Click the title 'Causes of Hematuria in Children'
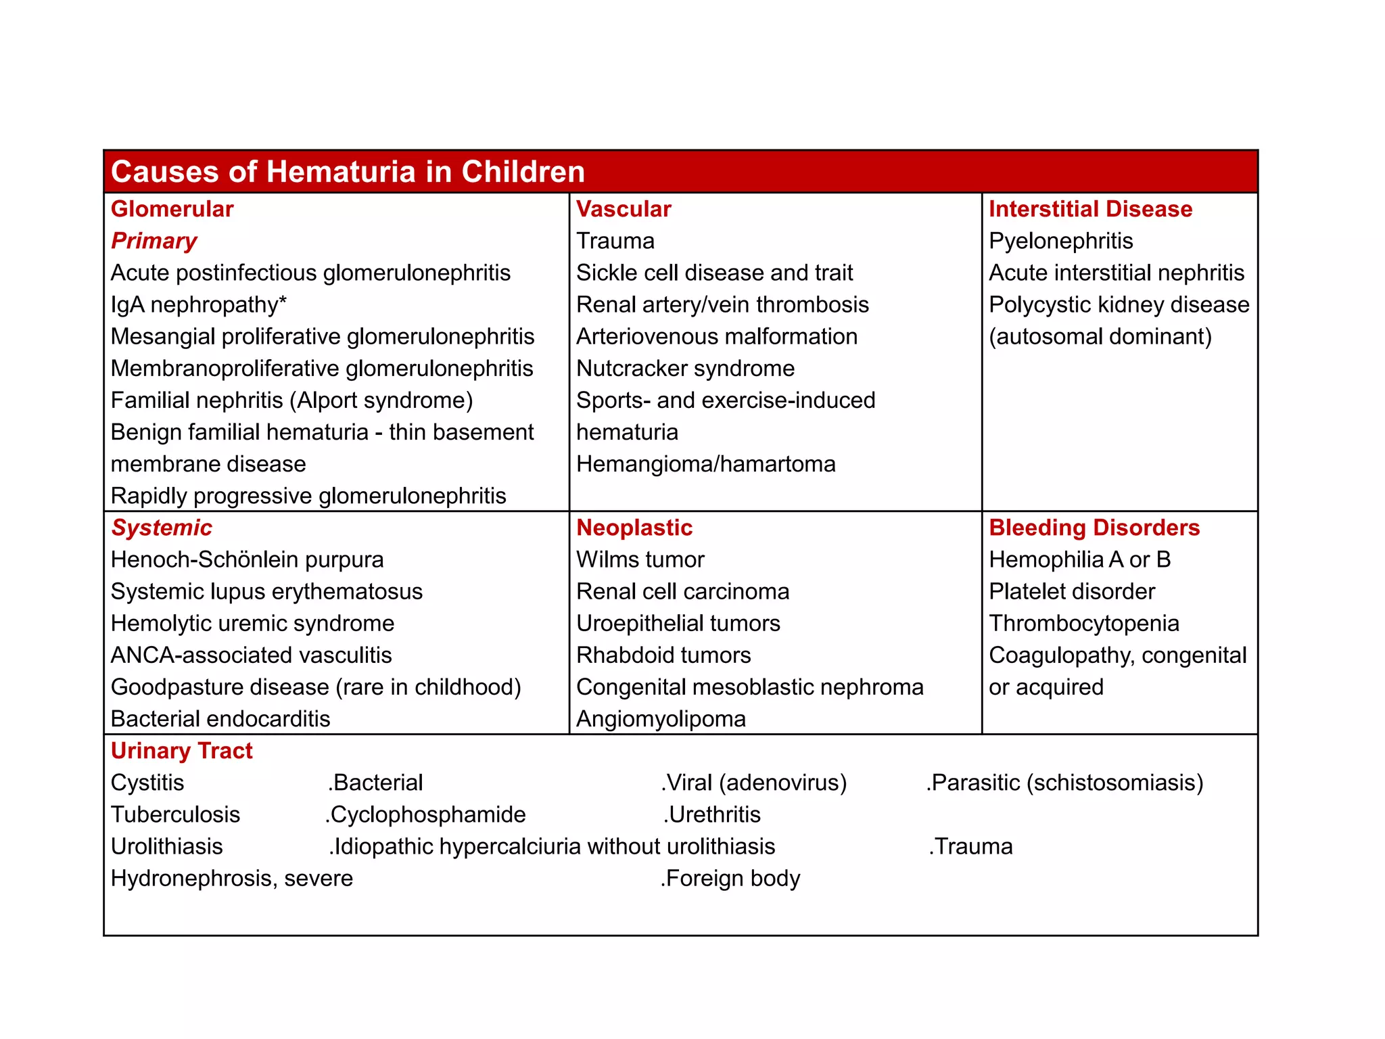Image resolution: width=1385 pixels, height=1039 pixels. pyautogui.click(x=348, y=172)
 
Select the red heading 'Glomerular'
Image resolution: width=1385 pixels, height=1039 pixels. pyautogui.click(x=172, y=209)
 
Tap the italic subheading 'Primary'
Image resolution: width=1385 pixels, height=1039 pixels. pyautogui.click(x=154, y=241)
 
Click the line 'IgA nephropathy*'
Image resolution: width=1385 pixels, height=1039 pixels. pyautogui.click(x=198, y=304)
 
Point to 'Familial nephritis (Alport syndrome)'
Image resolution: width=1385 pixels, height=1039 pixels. pyautogui.click(x=291, y=400)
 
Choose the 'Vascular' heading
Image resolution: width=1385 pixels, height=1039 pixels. pyautogui.click(x=623, y=209)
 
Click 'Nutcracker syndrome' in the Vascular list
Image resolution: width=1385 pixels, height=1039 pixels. pyautogui.click(x=685, y=368)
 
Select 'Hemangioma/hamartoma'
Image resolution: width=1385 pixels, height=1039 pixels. pyautogui.click(x=705, y=464)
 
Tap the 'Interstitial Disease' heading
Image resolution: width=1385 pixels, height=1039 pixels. pyautogui.click(x=1090, y=209)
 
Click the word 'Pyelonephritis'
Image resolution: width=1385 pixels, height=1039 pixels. pyautogui.click(x=1060, y=241)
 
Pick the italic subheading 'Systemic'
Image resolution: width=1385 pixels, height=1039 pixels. pyautogui.click(x=161, y=528)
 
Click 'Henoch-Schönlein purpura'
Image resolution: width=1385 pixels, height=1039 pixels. pyautogui.click(x=247, y=559)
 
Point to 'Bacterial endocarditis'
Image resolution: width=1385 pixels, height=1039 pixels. pyautogui.click(x=220, y=718)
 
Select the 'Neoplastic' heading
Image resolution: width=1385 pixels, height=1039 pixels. pyautogui.click(x=634, y=528)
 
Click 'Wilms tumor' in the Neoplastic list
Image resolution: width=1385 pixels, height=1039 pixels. pyautogui.click(x=640, y=559)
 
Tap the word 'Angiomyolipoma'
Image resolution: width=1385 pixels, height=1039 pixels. pyautogui.click(x=661, y=718)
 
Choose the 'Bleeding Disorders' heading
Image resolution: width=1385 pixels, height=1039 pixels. pyautogui.click(x=1094, y=528)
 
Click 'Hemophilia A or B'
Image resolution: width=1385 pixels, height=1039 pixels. pyautogui.click(x=1079, y=559)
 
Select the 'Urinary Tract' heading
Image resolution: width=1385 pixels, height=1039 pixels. pyautogui.click(x=181, y=751)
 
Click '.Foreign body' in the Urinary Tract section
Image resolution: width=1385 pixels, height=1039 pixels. pyautogui.click(x=730, y=878)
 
